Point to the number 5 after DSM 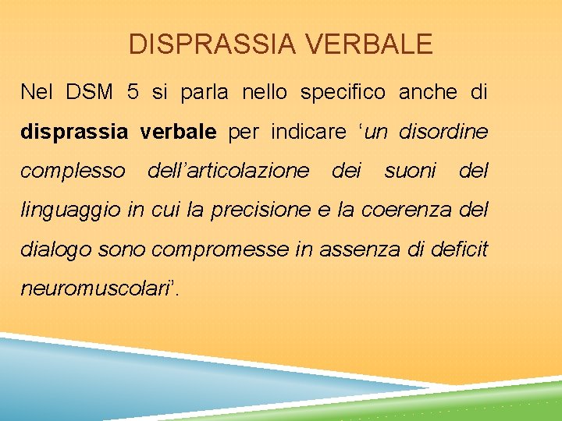tap(133, 92)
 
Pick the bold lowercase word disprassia tap(73, 132)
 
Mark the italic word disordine tap(443, 132)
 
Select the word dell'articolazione tap(228, 171)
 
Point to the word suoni tap(410, 171)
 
